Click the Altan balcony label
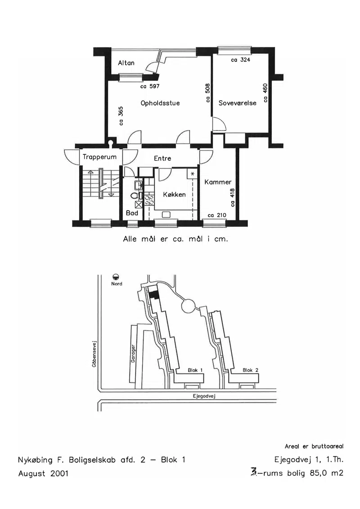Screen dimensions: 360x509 pos(126,63)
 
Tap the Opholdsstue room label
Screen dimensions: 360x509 pos(160,103)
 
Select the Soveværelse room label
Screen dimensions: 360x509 pos(237,103)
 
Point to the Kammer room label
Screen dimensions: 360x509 pos(218,182)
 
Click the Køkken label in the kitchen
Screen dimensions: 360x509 pos(174,194)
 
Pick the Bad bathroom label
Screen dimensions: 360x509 pos(132,213)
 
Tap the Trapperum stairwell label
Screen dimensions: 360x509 pos(99,157)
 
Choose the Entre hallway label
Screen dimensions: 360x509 pos(162,158)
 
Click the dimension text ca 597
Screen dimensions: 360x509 pos(150,86)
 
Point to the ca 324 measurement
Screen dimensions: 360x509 pos(241,60)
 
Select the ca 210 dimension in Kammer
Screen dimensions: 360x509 pos(217,215)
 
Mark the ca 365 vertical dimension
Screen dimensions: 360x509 pos(121,116)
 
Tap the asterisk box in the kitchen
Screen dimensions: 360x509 pos(192,174)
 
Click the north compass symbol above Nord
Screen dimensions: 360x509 pos(116,277)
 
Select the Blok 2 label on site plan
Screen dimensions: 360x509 pos(250,370)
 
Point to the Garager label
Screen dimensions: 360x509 pos(133,353)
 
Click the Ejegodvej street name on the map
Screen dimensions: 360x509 pos(204,396)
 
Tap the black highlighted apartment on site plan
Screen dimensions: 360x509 pos(154,294)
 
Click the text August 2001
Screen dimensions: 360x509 pos(43,473)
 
